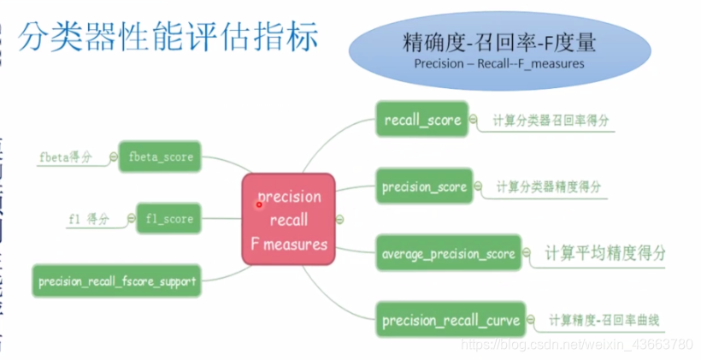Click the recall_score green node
pos(421,120)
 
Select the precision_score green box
pos(424,186)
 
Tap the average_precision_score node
pos(448,253)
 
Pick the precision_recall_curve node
pos(451,321)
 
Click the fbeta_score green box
pos(160,157)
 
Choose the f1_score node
pos(168,219)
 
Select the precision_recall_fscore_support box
pos(117,280)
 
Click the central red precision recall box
pos(288,219)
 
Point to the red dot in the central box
pos(259,204)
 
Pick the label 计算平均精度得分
pos(605,253)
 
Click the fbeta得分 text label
pos(65,157)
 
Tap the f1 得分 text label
pos(89,219)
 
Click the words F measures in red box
pos(288,244)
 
